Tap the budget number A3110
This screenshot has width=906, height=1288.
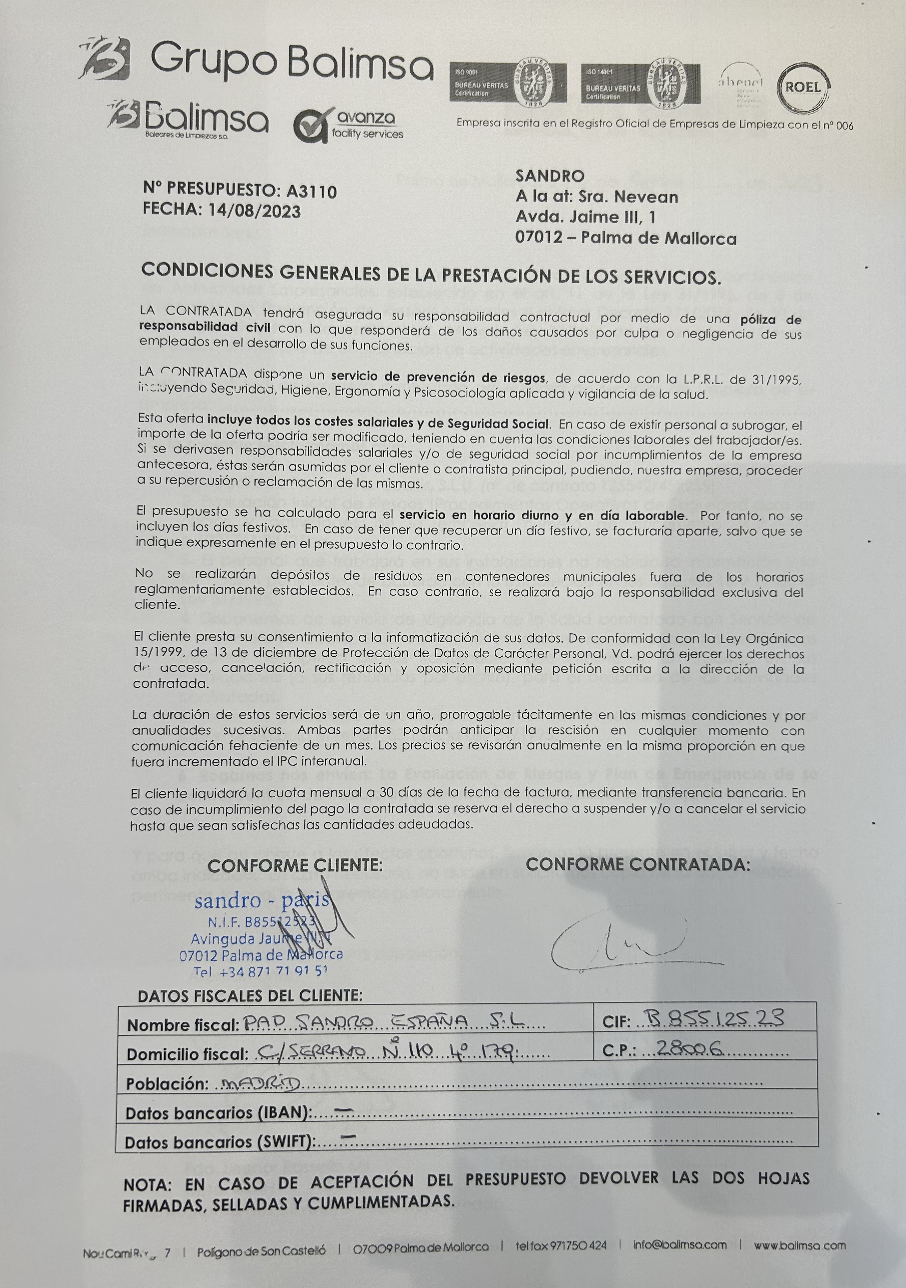(x=311, y=192)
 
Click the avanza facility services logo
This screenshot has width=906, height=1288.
(x=348, y=125)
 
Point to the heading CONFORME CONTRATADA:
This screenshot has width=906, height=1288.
(x=638, y=864)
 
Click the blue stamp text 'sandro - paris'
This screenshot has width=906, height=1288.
(x=262, y=901)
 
